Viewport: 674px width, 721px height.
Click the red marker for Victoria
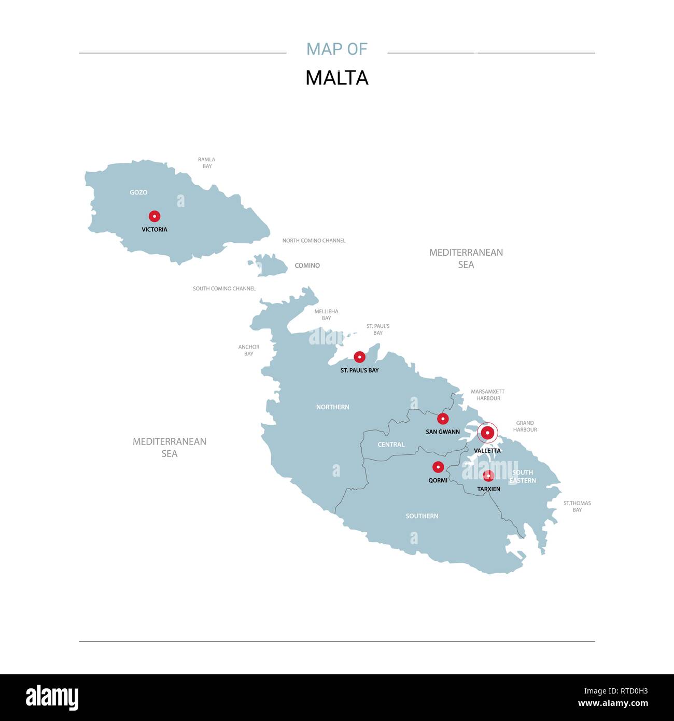tap(155, 216)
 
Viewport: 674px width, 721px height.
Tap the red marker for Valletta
tap(487, 433)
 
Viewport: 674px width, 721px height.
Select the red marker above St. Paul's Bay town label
tap(359, 357)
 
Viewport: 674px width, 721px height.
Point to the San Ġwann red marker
tap(443, 419)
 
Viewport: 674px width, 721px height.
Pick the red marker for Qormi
tap(438, 467)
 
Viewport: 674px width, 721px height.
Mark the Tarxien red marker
tap(488, 476)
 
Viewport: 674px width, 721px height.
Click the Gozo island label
tap(138, 192)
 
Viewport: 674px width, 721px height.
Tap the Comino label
tap(307, 266)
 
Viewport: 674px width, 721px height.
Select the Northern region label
tap(333, 407)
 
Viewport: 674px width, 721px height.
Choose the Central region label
tap(391, 445)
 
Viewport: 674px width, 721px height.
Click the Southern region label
tap(422, 516)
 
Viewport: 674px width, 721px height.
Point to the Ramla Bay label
tap(207, 163)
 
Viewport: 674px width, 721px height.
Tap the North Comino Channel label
tap(314, 241)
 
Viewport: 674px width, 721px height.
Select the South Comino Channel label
tap(224, 288)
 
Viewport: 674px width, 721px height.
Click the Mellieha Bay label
tap(326, 315)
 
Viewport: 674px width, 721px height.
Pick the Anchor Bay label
tap(249, 350)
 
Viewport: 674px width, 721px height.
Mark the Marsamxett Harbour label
tap(488, 395)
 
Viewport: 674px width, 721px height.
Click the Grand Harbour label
tap(525, 426)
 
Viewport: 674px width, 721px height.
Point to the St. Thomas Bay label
tap(577, 506)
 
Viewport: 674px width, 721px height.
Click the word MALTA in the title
tap(337, 78)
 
